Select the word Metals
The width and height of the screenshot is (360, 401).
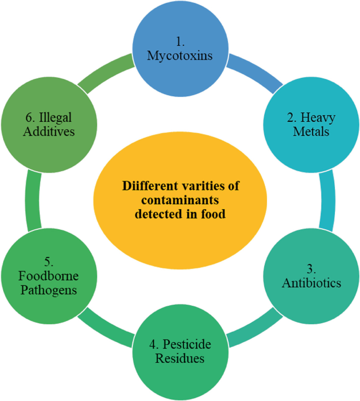pyautogui.click(x=311, y=131)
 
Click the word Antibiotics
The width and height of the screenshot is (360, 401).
pyautogui.click(x=312, y=283)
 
